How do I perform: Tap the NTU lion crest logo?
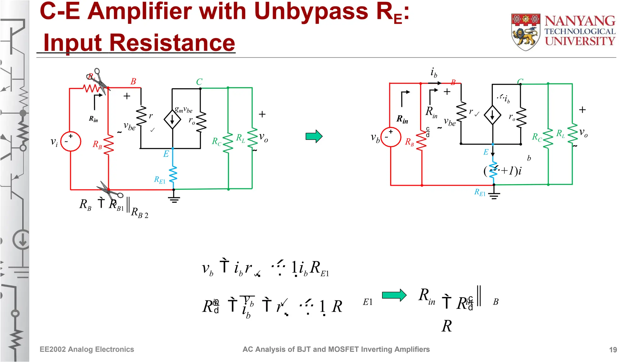(x=525, y=32)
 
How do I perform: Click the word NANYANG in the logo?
(x=580, y=21)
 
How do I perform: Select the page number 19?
(x=613, y=350)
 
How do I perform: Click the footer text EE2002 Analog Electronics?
(x=87, y=349)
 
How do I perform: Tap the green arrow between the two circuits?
(x=314, y=136)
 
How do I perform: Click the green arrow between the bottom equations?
(x=394, y=295)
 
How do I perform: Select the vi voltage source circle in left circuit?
(x=70, y=141)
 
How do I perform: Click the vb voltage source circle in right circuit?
(x=391, y=137)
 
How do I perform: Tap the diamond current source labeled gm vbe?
(x=172, y=120)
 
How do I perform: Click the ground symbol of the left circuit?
(x=174, y=199)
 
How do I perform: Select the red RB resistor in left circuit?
(x=108, y=145)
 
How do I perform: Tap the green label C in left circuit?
(x=199, y=82)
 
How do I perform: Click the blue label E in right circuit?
(x=486, y=152)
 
